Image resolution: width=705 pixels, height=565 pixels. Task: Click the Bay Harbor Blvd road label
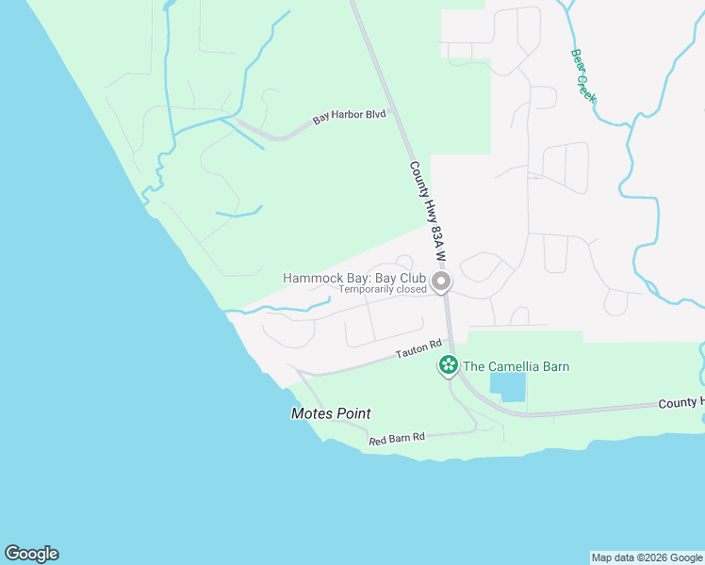[x=350, y=118]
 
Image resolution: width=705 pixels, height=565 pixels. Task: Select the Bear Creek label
[x=583, y=76]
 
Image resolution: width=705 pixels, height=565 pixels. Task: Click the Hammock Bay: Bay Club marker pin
[x=440, y=282]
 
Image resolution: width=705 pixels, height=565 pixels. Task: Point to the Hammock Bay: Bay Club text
[x=354, y=278]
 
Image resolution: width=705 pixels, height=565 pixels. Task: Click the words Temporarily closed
[x=383, y=290]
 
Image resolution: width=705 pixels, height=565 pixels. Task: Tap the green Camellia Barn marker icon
[x=448, y=365]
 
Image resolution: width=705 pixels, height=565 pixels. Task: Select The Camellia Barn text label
[x=516, y=366]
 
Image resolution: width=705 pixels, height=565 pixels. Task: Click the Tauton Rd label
[x=418, y=350]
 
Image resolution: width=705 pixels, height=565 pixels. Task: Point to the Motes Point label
[x=331, y=413]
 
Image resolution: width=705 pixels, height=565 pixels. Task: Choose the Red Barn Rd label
[x=397, y=438]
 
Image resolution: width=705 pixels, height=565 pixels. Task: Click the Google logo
[x=31, y=554]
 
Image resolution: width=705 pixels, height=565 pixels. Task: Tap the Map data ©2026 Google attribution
[x=647, y=557]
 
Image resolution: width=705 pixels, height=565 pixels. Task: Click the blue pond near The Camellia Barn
[x=508, y=386]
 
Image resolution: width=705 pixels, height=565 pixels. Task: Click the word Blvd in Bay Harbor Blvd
[x=375, y=114]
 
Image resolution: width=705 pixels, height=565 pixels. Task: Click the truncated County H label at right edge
[x=680, y=403]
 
